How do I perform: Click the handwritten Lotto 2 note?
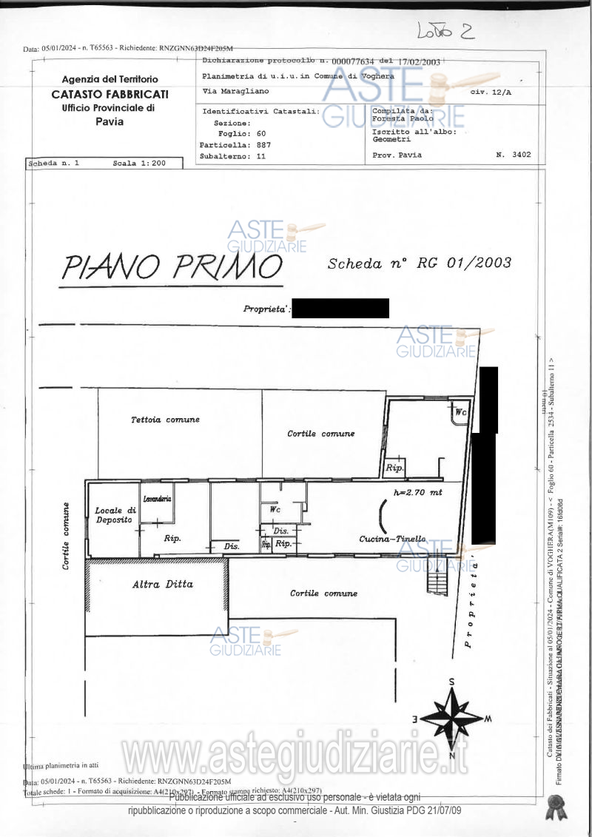coord(445,31)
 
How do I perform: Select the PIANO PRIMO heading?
coord(171,267)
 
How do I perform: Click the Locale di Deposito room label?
coord(115,515)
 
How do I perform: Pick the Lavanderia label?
coord(157,499)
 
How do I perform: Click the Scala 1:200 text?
coord(139,163)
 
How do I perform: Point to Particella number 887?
coord(263,145)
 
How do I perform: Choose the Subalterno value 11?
coord(260,156)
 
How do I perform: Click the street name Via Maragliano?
coord(235,91)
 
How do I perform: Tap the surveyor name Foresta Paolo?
coord(403,118)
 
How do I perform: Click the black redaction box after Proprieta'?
coord(340,309)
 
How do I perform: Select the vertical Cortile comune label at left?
coord(67,535)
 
